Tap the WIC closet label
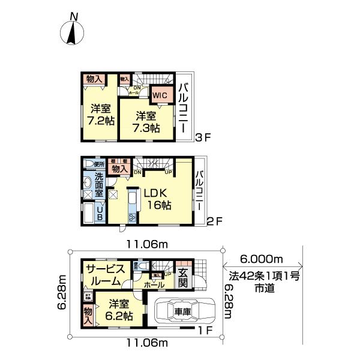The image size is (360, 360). (159, 95)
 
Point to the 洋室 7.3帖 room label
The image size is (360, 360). (146, 122)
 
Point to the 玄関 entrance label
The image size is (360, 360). (182, 278)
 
